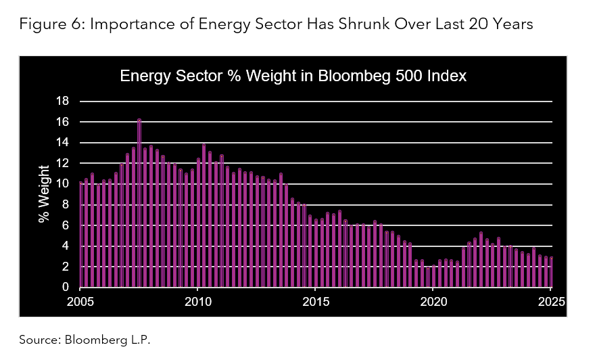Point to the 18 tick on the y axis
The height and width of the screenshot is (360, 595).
click(x=62, y=102)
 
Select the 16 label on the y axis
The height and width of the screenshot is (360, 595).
click(x=62, y=122)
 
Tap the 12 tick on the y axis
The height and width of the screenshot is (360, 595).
click(x=62, y=164)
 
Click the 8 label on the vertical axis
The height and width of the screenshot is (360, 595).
click(x=66, y=205)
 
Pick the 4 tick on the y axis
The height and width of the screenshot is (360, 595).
click(x=66, y=246)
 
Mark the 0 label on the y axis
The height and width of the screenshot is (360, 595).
click(x=66, y=288)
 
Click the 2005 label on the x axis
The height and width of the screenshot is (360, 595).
click(x=80, y=301)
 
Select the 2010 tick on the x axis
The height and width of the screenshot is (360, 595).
click(x=197, y=301)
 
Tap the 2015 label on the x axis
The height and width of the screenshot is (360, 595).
click(x=316, y=301)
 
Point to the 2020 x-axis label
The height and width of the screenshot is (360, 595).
click(x=433, y=301)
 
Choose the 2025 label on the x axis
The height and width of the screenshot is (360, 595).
click(x=552, y=301)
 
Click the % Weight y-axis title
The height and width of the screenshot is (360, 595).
click(x=45, y=194)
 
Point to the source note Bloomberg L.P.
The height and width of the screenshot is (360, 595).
click(x=85, y=340)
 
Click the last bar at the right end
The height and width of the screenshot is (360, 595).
click(x=552, y=273)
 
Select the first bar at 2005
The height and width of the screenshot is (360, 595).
click(x=81, y=235)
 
